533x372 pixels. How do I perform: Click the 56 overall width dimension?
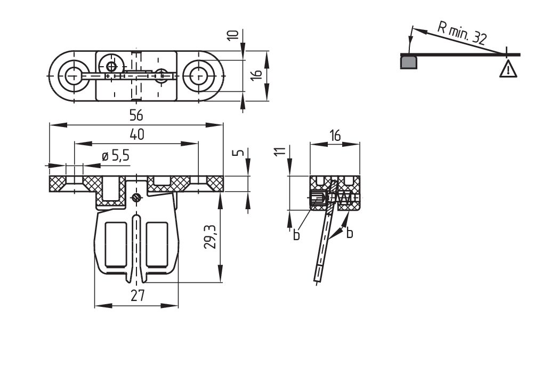137,116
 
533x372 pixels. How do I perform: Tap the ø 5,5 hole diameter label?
115,156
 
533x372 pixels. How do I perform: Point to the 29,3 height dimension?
212,236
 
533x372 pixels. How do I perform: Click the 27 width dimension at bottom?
137,295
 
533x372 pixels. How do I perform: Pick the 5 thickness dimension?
240,153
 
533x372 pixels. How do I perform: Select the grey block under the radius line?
409,62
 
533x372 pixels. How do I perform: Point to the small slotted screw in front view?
136,198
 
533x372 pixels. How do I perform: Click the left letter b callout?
296,234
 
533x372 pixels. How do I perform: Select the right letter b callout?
349,233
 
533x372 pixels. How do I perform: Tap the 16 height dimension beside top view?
256,75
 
